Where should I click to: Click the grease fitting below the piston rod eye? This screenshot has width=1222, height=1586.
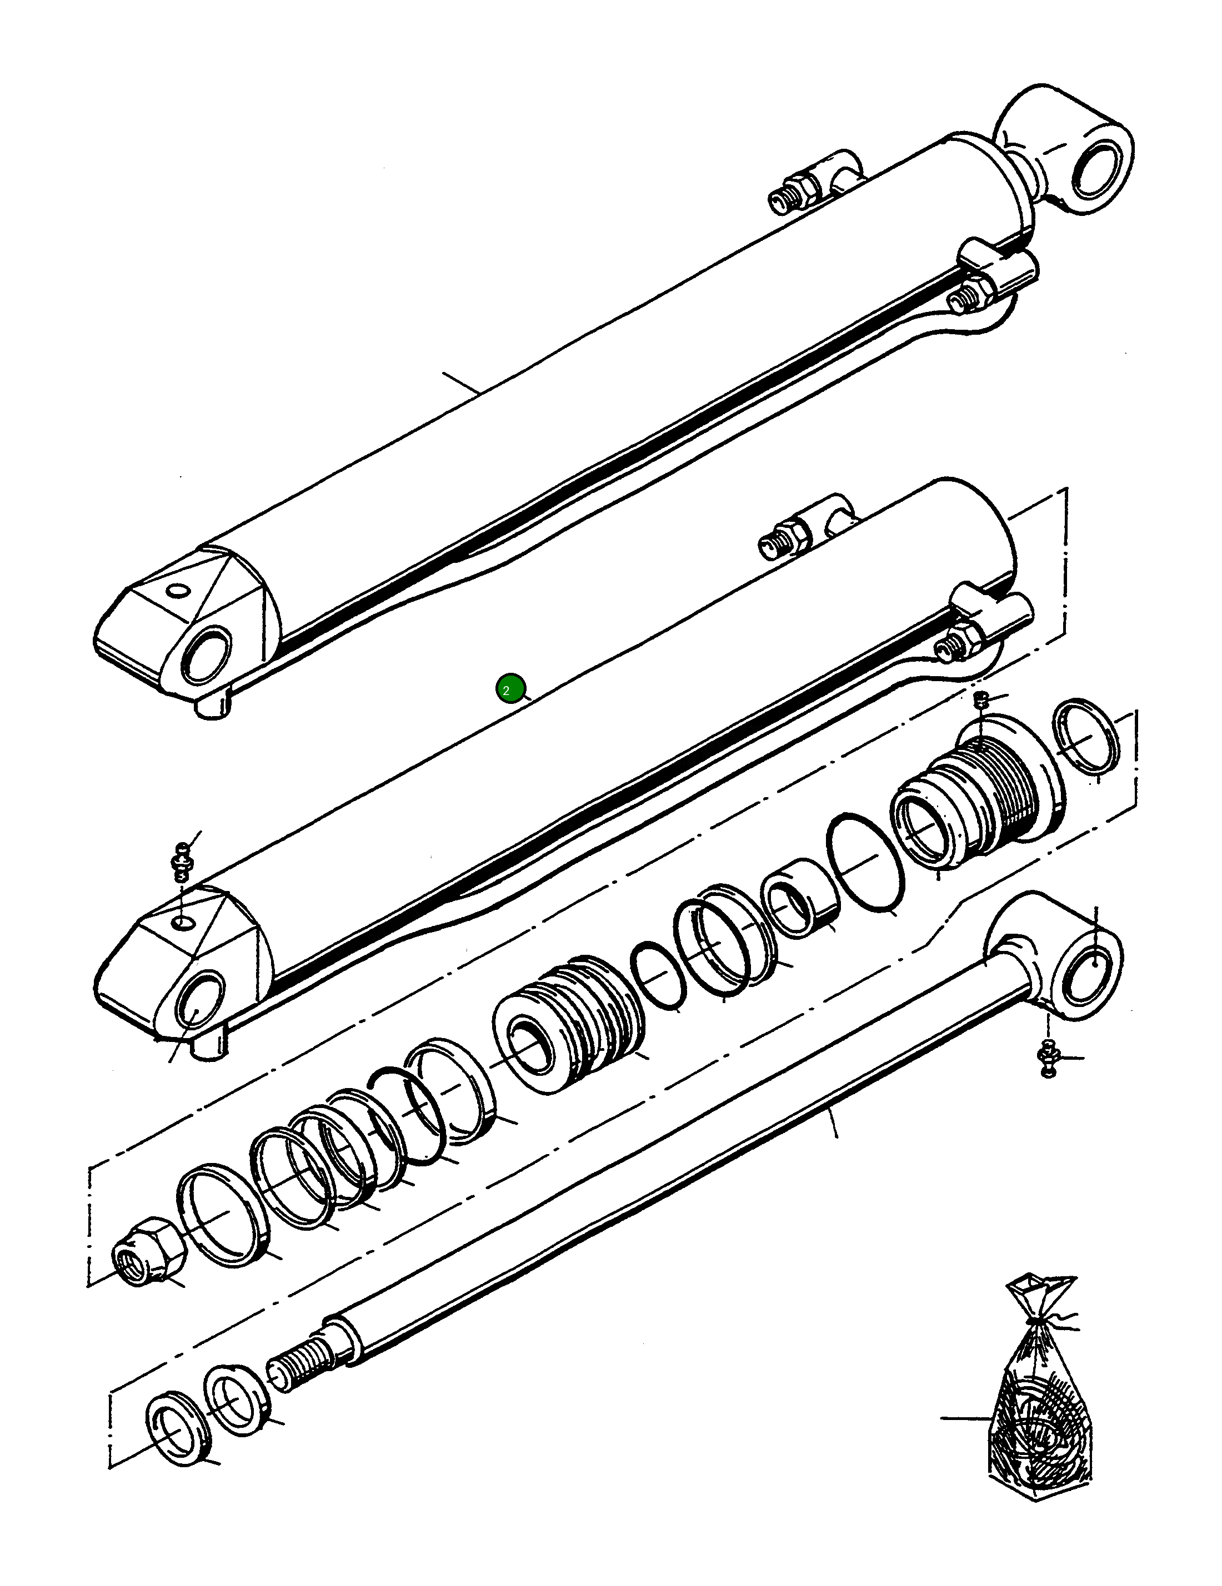[1048, 1056]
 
